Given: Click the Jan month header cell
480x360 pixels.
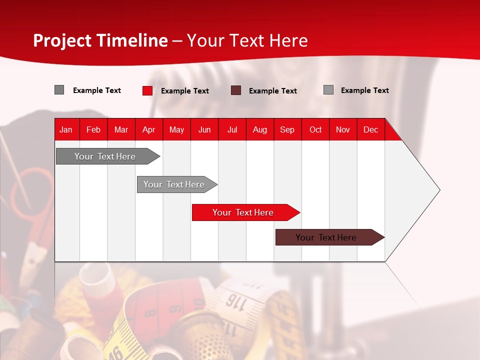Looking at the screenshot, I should click(66, 129).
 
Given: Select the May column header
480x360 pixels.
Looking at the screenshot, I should click(176, 129).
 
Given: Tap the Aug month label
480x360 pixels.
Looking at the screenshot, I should click(259, 129).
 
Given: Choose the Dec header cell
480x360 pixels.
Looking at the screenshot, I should click(370, 129).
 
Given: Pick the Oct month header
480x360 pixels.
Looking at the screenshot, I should click(315, 129).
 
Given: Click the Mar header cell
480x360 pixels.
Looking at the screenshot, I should click(121, 129).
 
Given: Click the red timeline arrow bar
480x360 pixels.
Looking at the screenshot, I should click(243, 212).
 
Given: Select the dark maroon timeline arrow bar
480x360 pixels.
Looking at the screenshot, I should click(326, 237).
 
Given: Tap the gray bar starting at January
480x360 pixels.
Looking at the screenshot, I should click(105, 156).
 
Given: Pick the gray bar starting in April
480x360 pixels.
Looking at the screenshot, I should click(174, 184).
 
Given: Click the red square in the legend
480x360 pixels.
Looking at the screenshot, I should click(147, 90).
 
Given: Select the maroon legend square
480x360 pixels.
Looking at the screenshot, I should click(236, 90).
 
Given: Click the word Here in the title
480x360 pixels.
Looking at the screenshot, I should click(288, 40).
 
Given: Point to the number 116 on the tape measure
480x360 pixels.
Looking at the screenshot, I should click(233, 300).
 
